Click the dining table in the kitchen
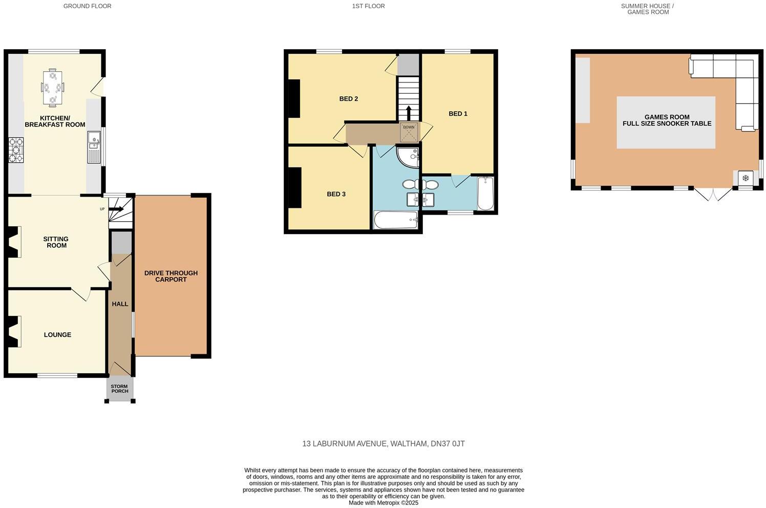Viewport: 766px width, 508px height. (52, 88)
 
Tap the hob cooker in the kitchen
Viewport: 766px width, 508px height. (15, 150)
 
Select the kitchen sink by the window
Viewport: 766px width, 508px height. (94, 147)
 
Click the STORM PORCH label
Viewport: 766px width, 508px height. (120, 389)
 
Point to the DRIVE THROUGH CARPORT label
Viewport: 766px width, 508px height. (171, 276)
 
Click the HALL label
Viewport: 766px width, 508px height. (120, 304)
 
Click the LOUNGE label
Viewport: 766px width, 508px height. (57, 335)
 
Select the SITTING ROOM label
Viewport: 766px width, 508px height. (56, 242)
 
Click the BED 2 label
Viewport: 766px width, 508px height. (348, 99)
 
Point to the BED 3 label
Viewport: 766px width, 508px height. (336, 194)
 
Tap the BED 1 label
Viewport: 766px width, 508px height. (458, 114)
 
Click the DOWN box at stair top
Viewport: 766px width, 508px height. (409, 132)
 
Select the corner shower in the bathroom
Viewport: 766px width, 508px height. (409, 157)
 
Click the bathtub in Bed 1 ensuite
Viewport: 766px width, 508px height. (485, 193)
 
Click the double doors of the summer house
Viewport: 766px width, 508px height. (713, 194)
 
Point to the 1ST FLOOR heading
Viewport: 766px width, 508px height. (368, 6)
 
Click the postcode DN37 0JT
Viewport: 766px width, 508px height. (448, 444)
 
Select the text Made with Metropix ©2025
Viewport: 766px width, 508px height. (383, 503)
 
